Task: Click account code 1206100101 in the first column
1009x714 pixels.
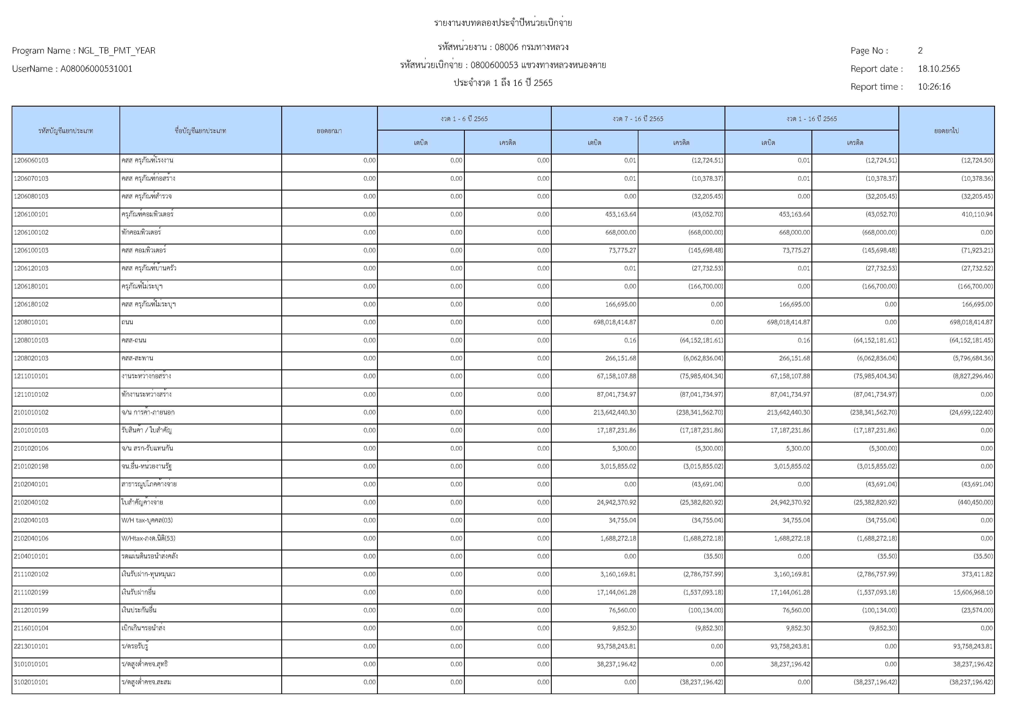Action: coord(31,214)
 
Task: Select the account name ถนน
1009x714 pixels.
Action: coord(127,322)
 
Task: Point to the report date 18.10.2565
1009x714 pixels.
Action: coord(939,69)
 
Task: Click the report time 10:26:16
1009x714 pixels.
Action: coord(934,87)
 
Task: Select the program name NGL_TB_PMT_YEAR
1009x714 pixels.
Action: coord(116,50)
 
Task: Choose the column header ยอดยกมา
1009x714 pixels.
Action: coord(329,131)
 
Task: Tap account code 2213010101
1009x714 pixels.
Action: coord(31,646)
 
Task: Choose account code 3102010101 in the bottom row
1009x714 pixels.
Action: coord(31,682)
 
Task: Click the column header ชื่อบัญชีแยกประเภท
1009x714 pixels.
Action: coord(200,131)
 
